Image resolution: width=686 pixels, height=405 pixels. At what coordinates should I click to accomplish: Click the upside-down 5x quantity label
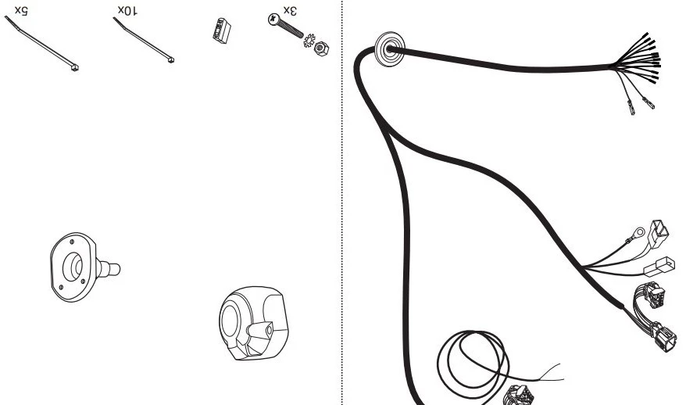(21, 10)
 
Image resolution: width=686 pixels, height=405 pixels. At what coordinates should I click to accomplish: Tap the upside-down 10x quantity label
(127, 10)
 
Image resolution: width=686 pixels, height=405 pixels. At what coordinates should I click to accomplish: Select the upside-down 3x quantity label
(290, 10)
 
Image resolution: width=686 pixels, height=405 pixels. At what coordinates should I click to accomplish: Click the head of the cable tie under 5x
(75, 67)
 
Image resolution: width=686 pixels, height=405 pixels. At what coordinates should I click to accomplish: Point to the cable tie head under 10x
(171, 59)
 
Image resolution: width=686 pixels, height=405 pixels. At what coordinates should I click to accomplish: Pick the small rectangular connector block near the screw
(222, 30)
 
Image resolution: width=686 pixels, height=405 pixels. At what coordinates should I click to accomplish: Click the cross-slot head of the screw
(274, 20)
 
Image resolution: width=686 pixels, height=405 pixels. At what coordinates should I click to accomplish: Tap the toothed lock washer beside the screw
(309, 41)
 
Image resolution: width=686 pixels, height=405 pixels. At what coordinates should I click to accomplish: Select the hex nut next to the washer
(322, 48)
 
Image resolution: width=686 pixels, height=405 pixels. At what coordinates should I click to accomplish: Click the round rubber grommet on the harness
(389, 49)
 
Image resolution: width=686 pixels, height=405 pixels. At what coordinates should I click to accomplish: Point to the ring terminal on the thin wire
(639, 232)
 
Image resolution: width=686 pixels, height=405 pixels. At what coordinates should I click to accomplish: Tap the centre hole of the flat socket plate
(73, 266)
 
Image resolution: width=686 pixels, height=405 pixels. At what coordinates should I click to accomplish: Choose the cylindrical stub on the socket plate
(109, 268)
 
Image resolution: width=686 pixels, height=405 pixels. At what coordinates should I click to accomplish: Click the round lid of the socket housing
(230, 321)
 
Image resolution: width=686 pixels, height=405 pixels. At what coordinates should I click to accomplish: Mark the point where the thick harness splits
(384, 126)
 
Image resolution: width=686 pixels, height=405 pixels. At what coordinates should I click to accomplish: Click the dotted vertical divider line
(341, 202)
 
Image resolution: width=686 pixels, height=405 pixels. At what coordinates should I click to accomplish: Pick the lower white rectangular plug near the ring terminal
(659, 266)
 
